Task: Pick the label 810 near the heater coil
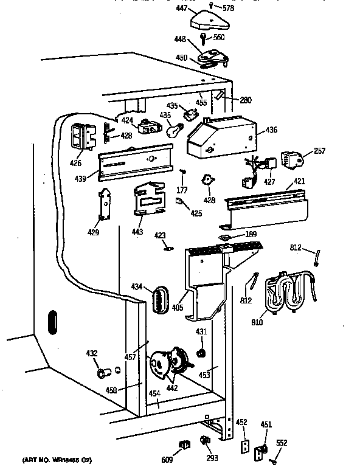(x=257, y=322)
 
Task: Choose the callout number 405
(x=177, y=308)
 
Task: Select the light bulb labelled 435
(x=176, y=130)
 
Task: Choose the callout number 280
(x=246, y=100)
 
